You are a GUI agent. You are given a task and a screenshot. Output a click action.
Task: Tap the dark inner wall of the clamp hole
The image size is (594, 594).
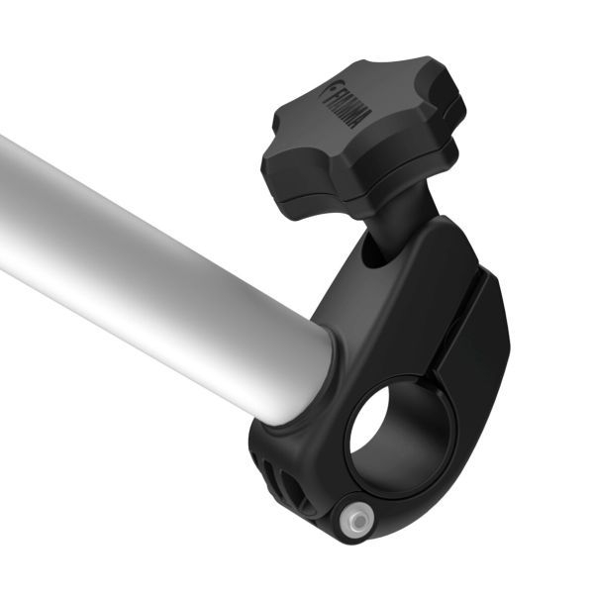[406, 455]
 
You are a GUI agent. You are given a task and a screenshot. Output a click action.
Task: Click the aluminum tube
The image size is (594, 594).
[148, 257]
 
